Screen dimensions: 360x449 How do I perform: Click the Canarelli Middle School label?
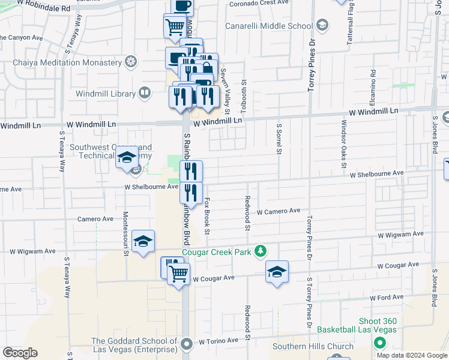click(268, 26)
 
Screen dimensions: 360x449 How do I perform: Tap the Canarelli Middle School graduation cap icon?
click(322, 25)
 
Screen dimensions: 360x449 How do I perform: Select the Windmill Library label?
click(106, 93)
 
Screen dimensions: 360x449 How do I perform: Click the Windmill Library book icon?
click(144, 92)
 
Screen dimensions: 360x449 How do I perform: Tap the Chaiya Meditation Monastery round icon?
click(130, 62)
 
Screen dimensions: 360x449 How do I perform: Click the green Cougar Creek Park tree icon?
click(261, 250)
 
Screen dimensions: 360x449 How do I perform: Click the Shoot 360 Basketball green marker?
click(379, 343)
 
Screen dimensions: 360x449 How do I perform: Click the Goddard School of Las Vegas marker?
click(187, 344)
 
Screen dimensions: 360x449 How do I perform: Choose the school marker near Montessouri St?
click(143, 241)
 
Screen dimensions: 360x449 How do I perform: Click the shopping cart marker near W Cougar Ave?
click(178, 274)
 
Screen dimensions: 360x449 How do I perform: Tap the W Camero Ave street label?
click(278, 211)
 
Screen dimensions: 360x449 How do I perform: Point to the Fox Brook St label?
click(206, 216)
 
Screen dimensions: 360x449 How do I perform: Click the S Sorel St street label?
click(279, 139)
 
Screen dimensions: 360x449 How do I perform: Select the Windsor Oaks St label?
click(343, 143)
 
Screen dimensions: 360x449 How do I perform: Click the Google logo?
click(20, 353)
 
